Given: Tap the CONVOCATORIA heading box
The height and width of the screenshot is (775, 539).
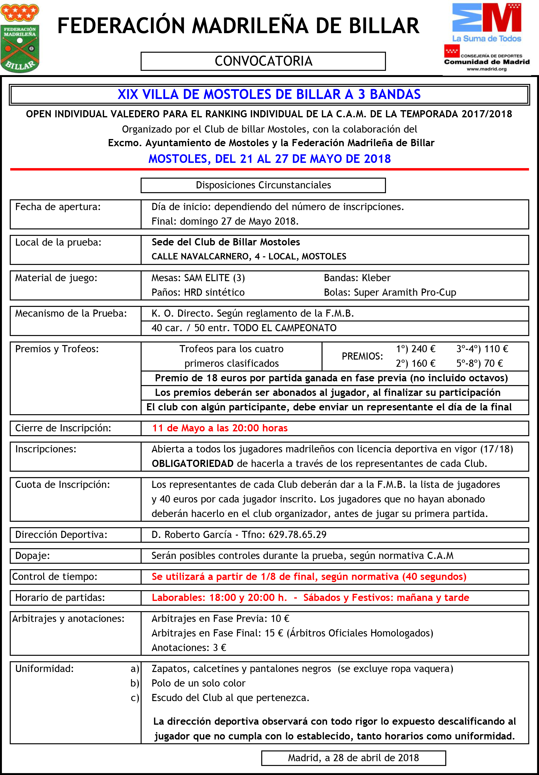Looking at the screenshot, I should pos(263,61).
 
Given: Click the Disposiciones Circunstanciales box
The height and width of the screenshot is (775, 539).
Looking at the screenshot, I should pos(263,185).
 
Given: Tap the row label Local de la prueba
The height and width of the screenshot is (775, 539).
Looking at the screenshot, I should pos(58,242).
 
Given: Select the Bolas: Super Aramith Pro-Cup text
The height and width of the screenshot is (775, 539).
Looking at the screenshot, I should pos(390,292).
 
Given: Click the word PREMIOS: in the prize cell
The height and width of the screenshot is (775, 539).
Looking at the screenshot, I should pos(362,356).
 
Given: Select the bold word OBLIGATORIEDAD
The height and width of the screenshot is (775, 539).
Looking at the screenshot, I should pos(192,463).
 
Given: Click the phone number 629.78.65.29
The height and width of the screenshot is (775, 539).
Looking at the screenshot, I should pos(297,535).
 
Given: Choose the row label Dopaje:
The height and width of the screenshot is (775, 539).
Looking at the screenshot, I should pos(32,556).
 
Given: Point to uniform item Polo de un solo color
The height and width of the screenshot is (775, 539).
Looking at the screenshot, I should pos(198,683).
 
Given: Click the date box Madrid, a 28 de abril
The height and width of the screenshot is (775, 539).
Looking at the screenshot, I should pos(353,758).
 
